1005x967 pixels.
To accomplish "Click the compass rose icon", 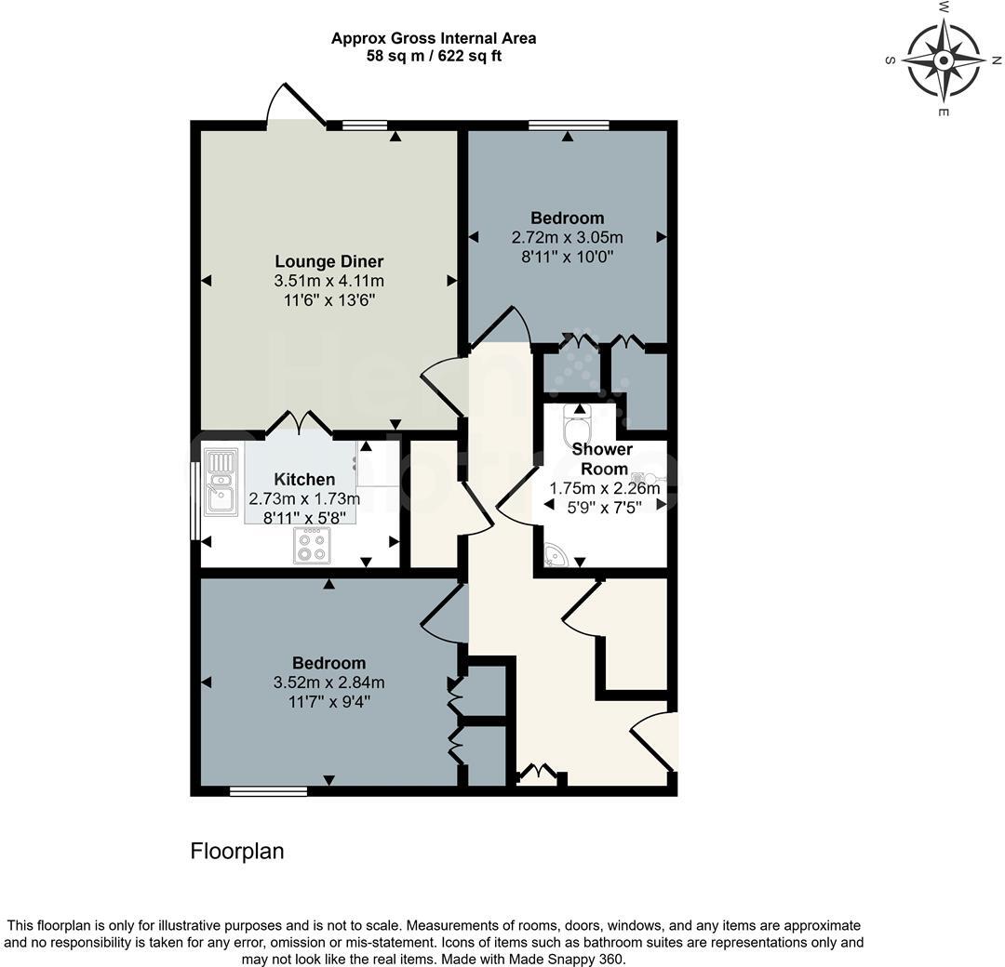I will click(943, 60).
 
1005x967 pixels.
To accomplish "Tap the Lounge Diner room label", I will click(328, 261).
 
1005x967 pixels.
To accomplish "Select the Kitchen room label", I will click(304, 480).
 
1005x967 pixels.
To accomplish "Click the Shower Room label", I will click(602, 459).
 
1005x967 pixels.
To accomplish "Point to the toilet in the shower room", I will click(578, 428).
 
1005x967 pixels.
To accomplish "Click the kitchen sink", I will click(221, 482).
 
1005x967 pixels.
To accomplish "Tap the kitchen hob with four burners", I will click(311, 545).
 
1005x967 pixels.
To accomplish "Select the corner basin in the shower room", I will click(556, 554).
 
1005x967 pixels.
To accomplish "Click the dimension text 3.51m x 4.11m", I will click(328, 281).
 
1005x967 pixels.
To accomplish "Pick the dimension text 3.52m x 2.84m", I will click(328, 682).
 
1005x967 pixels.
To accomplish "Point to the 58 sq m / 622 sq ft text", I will click(434, 56).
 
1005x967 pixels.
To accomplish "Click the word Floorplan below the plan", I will click(236, 851).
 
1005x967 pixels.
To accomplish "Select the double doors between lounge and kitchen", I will click(300, 425).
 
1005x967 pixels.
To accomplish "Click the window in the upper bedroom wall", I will click(569, 125).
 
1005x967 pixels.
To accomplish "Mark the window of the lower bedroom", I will click(268, 791).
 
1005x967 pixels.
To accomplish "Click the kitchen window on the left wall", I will click(194, 500).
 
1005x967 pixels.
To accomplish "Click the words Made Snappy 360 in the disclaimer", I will click(571, 959).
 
